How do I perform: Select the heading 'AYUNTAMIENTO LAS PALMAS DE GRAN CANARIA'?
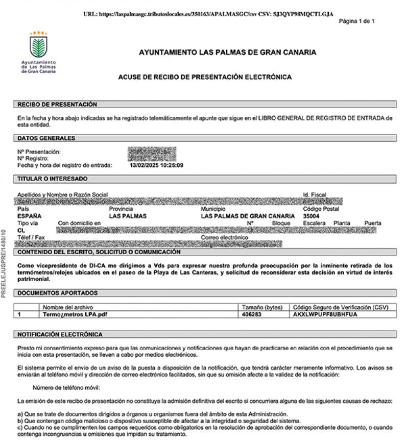(x=227, y=52)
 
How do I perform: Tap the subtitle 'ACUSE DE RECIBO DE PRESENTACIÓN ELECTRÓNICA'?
(x=205, y=77)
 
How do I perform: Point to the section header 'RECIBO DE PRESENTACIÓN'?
(x=57, y=105)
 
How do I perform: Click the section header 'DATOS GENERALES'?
(x=46, y=138)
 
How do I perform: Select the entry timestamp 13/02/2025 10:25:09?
(x=157, y=165)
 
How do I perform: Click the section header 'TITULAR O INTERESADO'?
(x=53, y=179)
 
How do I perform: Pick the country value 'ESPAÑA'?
(x=30, y=216)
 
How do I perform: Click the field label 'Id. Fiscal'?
(x=315, y=195)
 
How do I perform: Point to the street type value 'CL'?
(x=21, y=230)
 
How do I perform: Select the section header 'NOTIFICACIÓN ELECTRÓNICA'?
(x=60, y=334)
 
